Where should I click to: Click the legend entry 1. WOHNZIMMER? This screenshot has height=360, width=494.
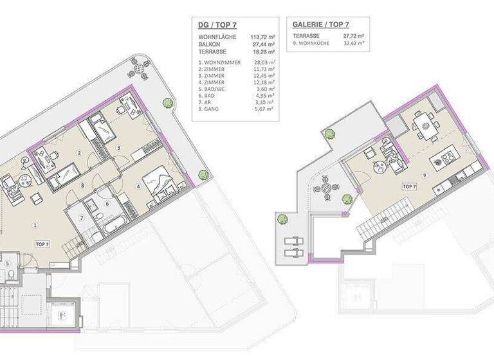point(220,62)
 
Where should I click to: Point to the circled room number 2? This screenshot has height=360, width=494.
point(79,152)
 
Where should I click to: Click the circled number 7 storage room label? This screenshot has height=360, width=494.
point(82,218)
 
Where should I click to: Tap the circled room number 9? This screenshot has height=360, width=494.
point(425,175)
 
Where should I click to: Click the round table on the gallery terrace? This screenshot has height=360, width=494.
point(327,188)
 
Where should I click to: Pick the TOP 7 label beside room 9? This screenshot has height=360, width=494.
point(409,186)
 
